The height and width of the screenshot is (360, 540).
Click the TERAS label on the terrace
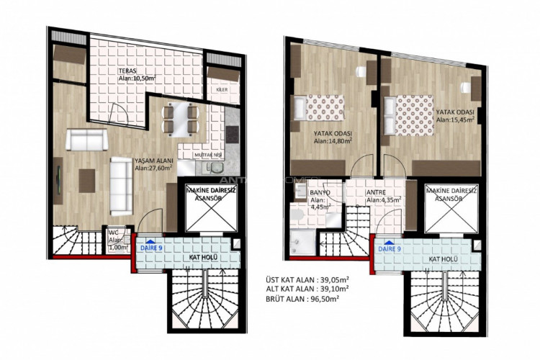(x=128, y=70)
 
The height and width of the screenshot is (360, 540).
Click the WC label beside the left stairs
(x=114, y=233)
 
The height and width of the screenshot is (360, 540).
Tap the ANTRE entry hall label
(x=376, y=192)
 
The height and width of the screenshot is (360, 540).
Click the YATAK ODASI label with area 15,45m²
(x=454, y=112)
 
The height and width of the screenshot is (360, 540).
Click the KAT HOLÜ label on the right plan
(x=444, y=256)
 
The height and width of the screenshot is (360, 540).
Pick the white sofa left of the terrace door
(x=86, y=138)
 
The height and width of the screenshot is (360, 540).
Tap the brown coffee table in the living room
(x=86, y=176)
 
